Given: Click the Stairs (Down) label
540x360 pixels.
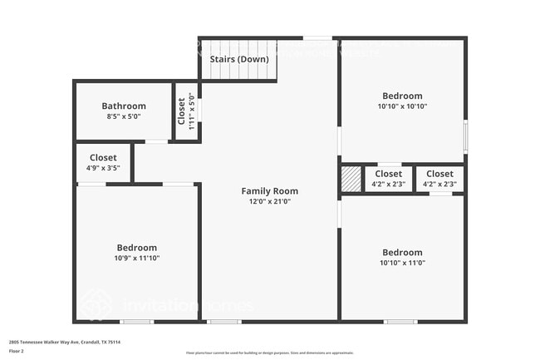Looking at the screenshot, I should (238, 60).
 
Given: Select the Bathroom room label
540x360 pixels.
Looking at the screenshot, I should (124, 106).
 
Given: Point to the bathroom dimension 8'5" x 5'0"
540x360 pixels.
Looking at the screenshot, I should (124, 117).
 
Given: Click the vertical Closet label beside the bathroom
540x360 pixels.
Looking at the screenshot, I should (181, 111).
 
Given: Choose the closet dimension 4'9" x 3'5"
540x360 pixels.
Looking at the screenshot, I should (103, 168).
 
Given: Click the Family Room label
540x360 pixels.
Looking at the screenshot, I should (270, 191).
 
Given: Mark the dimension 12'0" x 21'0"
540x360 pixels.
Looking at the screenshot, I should (270, 202).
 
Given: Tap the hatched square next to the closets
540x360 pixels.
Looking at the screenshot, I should (351, 179).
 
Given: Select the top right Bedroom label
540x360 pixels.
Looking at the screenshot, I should (402, 96).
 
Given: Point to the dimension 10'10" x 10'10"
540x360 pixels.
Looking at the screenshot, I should (402, 107).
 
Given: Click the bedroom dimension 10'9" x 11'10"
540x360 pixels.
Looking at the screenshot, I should (136, 259).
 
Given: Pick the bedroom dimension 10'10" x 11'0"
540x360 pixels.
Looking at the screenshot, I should (402, 264).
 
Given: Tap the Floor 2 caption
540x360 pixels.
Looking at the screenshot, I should (17, 351).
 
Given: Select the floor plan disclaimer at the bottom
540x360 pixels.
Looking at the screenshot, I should (270, 353).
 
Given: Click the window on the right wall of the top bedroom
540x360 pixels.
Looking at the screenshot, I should (465, 136).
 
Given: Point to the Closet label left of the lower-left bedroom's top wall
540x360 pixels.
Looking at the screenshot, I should (103, 157).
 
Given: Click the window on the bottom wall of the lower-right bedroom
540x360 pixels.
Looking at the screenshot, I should (400, 321).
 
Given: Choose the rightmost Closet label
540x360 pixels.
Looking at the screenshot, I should (439, 174).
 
